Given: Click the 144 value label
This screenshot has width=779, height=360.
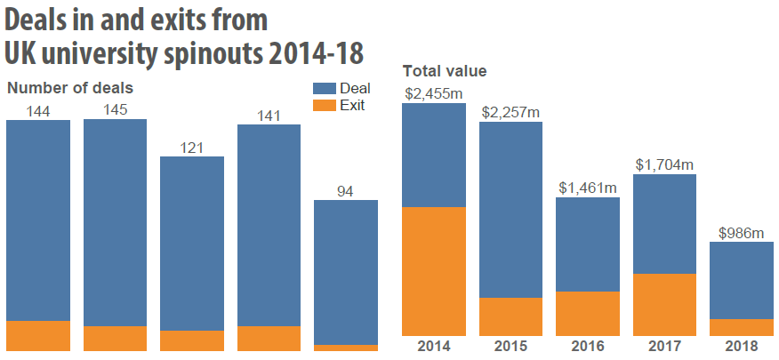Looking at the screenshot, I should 38,110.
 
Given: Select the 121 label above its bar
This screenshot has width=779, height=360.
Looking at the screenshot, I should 191,147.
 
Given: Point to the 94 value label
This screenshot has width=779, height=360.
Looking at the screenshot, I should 346,190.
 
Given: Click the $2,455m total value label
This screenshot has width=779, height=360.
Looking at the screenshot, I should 434,92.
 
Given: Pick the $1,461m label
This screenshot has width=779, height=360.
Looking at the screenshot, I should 588,188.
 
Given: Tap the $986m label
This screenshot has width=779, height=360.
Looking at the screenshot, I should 741,233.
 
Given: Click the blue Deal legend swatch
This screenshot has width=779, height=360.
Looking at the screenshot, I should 324,88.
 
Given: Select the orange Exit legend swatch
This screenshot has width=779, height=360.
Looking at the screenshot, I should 324,105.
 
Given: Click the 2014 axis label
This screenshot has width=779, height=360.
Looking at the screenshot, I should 434,346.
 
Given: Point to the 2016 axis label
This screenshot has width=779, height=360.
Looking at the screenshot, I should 588,346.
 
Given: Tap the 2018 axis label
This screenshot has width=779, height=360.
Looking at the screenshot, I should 741,346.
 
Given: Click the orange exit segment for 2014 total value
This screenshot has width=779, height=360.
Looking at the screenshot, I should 434,270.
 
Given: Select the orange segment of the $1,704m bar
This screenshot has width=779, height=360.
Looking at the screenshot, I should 664,303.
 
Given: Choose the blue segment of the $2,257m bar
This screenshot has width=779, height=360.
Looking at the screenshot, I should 510,209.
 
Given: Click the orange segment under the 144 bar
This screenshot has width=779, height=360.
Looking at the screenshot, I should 38,335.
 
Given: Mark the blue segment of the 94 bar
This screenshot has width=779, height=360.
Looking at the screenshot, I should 346,271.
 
